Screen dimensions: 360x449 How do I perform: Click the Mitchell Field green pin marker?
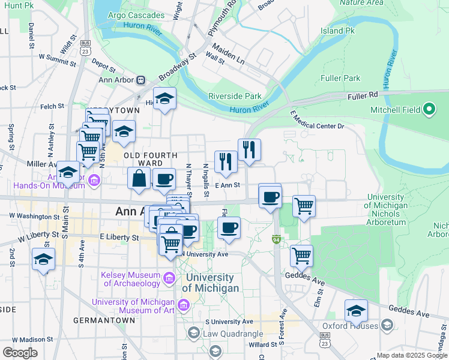[x=429, y=110]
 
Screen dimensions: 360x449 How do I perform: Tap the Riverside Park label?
[x=235, y=96]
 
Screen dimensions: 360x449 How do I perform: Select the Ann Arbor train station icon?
[x=140, y=79]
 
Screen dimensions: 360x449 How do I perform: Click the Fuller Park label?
[x=341, y=78]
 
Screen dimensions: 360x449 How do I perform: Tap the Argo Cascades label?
[x=136, y=15]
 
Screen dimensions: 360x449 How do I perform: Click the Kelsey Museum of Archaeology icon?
[x=169, y=278]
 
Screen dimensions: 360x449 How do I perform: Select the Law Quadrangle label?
[x=234, y=334]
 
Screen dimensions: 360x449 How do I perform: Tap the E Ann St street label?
[x=228, y=186]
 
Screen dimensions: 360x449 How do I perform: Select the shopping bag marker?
[x=139, y=178]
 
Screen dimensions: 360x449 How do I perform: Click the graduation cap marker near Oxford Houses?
[x=356, y=311]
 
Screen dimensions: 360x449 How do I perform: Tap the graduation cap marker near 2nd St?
[x=43, y=260]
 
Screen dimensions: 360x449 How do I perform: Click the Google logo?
[x=20, y=353]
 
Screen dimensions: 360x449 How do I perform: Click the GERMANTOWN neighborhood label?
[x=104, y=320]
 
